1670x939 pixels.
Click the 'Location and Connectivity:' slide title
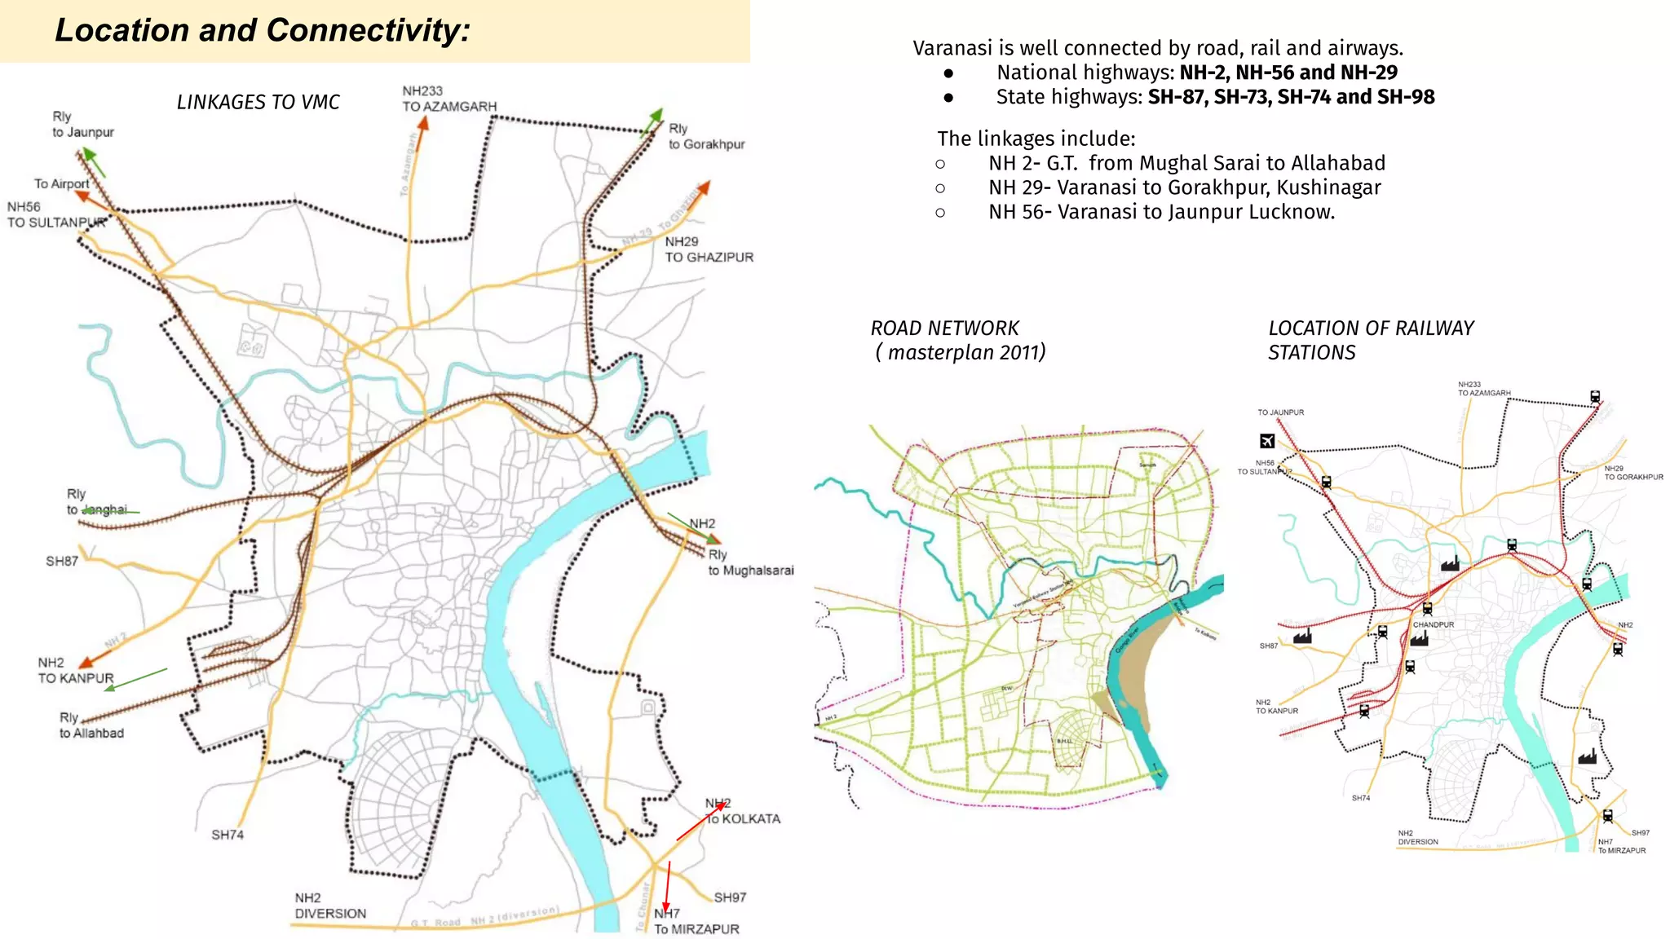(x=262, y=30)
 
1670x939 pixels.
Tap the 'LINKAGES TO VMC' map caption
(x=258, y=102)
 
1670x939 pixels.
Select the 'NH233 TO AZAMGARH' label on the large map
(x=448, y=99)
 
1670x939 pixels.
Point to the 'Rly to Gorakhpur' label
(x=706, y=136)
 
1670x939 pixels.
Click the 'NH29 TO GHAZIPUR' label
(x=709, y=249)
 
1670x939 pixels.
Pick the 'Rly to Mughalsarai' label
(x=750, y=562)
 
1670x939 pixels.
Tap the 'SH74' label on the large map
(x=228, y=835)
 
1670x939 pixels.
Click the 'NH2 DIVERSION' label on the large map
(x=330, y=906)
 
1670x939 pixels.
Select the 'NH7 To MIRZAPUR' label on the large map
(x=696, y=921)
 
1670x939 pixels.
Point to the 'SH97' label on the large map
(x=730, y=897)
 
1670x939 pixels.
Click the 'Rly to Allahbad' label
(x=91, y=725)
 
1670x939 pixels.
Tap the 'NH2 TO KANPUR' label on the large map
(x=75, y=670)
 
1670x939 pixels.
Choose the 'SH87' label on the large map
(x=62, y=561)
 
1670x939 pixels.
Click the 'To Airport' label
(x=62, y=183)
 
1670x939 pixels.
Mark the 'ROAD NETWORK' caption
(x=944, y=328)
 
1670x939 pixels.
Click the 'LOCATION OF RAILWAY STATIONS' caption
(x=1370, y=340)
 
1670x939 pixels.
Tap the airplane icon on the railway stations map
(x=1267, y=441)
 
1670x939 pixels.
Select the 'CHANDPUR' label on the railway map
(x=1434, y=624)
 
